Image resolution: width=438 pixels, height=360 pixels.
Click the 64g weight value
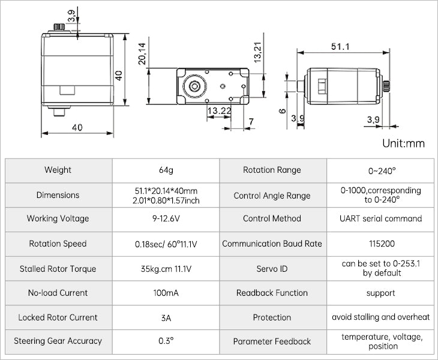tap(166, 170)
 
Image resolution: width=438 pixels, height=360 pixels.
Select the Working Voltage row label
tap(58, 219)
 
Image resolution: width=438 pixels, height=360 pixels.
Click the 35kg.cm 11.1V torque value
tap(166, 269)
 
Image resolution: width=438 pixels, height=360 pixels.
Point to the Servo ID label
tap(272, 269)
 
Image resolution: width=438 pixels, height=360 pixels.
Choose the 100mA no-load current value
tap(166, 293)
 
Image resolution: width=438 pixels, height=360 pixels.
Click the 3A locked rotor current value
tap(166, 317)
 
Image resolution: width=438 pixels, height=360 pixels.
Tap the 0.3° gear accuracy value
tap(166, 341)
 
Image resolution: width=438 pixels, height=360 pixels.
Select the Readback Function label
tap(272, 293)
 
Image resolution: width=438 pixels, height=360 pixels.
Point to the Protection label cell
tap(272, 317)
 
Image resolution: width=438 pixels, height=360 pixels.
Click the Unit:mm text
tap(403, 143)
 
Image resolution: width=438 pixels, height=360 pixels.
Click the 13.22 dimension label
tap(219, 111)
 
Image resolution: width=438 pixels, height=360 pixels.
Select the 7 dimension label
tap(250, 122)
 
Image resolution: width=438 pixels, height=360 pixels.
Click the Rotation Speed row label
tap(58, 244)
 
